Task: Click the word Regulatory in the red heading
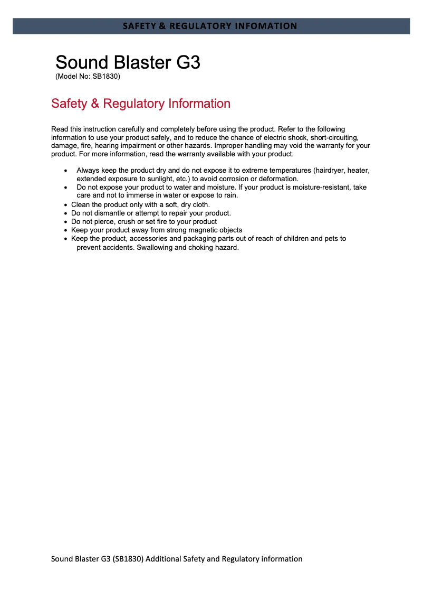pos(134,104)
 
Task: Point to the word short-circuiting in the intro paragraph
pos(334,137)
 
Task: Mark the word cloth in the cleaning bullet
pos(199,205)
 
